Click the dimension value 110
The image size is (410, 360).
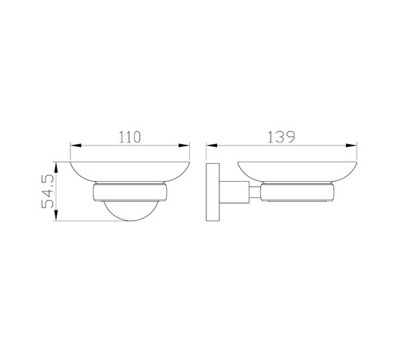point(130,137)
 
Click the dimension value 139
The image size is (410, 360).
point(282,137)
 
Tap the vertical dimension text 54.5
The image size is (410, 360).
point(48,191)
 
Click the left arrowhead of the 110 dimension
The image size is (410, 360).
point(76,146)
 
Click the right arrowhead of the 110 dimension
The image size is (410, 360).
point(184,146)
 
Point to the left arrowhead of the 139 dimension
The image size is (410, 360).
point(212,146)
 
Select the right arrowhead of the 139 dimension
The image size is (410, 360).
point(351,146)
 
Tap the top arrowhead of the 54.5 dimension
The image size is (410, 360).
point(56,167)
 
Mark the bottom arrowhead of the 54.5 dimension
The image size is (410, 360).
point(56,215)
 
